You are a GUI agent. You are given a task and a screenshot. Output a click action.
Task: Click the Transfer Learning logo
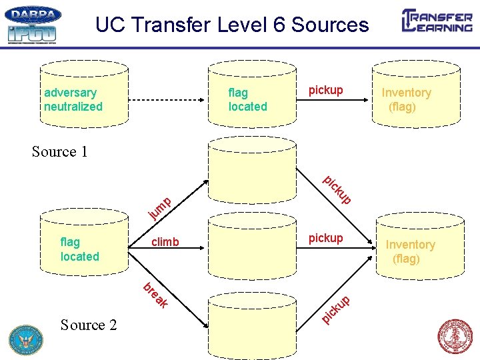pyautogui.click(x=437, y=21)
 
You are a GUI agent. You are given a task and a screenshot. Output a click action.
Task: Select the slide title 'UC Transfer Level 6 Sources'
pyautogui.click(x=231, y=25)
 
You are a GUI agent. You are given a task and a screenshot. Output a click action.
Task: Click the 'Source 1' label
pyautogui.click(x=60, y=152)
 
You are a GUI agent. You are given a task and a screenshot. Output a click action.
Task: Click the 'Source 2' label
pyautogui.click(x=88, y=325)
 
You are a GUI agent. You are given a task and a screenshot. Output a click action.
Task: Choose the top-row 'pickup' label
pyautogui.click(x=325, y=90)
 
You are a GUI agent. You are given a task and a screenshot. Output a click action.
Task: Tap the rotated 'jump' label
pyautogui.click(x=161, y=207)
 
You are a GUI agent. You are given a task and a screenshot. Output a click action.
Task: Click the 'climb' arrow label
pyautogui.click(x=165, y=242)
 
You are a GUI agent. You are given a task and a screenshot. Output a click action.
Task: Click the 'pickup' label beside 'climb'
pyautogui.click(x=325, y=238)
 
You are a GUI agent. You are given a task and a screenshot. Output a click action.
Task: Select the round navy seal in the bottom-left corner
pyautogui.click(x=25, y=339)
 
